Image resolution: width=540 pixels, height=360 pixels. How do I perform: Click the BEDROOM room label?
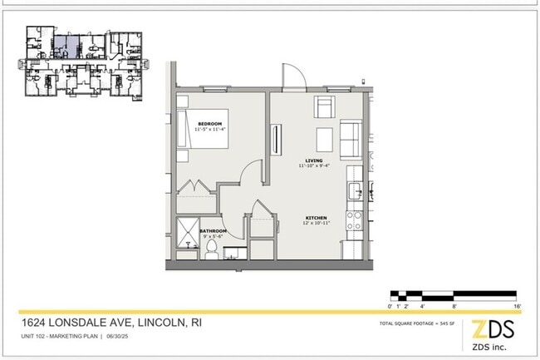click(x=209, y=124)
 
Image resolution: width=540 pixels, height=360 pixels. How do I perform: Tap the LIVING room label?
click(x=313, y=160)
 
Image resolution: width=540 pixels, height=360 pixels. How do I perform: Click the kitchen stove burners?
click(x=356, y=219)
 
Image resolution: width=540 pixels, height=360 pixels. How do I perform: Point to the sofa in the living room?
click(x=351, y=140)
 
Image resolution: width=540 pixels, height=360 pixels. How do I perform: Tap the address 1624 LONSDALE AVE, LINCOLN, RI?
click(x=111, y=323)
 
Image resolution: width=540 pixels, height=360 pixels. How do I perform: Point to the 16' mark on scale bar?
click(x=517, y=307)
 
